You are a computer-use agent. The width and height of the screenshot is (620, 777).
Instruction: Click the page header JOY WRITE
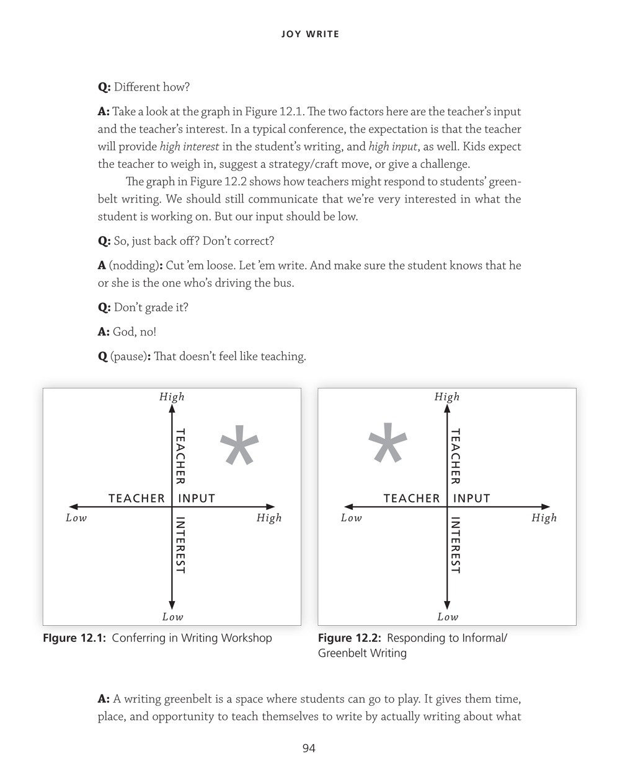pyautogui.click(x=310, y=34)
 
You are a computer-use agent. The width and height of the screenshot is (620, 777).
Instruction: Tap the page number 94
pyautogui.click(x=309, y=748)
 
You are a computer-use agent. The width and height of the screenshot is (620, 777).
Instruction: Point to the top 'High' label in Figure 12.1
pyautogui.click(x=172, y=397)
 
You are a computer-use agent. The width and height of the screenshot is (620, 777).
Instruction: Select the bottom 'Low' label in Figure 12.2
pyautogui.click(x=448, y=617)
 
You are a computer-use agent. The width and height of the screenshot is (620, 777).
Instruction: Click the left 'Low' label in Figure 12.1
pyautogui.click(x=76, y=518)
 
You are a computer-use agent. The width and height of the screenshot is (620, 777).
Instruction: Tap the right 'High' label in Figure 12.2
pyautogui.click(x=544, y=518)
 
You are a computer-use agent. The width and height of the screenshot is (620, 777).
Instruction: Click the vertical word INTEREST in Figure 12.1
pyautogui.click(x=180, y=545)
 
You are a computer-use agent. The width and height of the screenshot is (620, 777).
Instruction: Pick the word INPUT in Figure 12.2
pyautogui.click(x=472, y=498)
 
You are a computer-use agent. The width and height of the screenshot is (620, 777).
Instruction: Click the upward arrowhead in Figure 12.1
pyautogui.click(x=172, y=409)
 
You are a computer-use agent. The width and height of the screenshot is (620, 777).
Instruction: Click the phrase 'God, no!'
pyautogui.click(x=135, y=332)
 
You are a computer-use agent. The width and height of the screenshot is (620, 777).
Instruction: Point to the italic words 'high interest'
pyautogui.click(x=189, y=147)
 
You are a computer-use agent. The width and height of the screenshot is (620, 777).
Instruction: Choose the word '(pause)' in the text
pyautogui.click(x=128, y=357)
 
